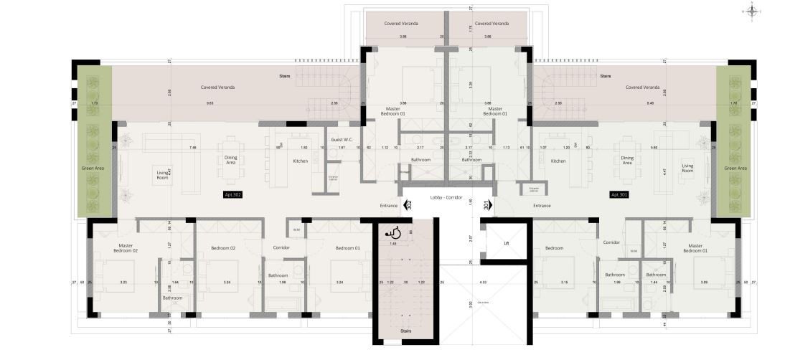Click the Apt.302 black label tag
coord(233,194)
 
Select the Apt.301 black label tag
coord(619,194)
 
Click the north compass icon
coord(753,11)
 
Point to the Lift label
coord(506,244)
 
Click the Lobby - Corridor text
coord(446,196)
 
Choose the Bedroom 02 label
coord(223,248)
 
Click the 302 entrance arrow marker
coord(408,205)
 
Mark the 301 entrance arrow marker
coord(488,205)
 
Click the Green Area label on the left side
coord(93,168)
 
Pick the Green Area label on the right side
coord(735,168)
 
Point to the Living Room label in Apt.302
coord(162,174)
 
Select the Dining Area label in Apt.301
coord(627,161)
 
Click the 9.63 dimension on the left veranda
coord(210,103)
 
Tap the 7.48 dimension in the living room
coord(193,147)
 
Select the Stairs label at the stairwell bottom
coord(406,331)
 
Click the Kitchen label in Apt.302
coord(300,161)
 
